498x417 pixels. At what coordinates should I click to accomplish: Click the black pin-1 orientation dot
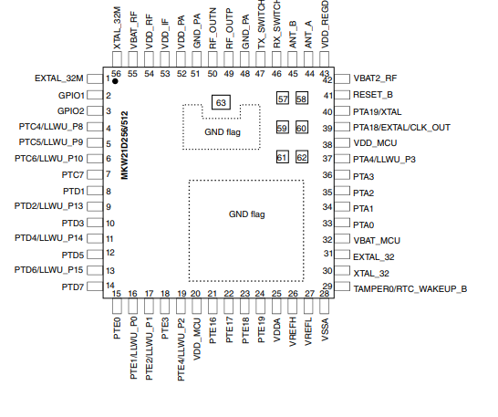point(115,81)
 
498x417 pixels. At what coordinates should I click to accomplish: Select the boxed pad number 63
point(221,102)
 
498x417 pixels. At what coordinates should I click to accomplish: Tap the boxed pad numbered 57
point(283,99)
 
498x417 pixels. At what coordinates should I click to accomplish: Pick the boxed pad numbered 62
point(302,157)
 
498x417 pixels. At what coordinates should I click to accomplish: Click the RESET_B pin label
point(373,95)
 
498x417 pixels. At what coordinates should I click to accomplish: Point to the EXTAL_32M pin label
point(58,78)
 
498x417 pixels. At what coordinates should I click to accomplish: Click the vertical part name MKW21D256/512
point(124,145)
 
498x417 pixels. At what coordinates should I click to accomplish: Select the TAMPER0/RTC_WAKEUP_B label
point(410,289)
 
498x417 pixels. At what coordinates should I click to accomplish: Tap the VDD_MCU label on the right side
point(375,143)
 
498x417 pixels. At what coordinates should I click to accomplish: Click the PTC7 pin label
point(72,175)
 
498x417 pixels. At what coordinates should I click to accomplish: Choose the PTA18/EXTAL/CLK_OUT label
point(401,128)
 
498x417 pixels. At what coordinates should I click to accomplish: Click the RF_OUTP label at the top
point(229,29)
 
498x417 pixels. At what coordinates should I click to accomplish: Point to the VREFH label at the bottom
point(293,331)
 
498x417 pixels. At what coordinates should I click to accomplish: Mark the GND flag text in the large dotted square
point(247,214)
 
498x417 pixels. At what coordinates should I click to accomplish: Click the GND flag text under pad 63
point(223,132)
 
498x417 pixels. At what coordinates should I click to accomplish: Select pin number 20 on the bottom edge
point(195,294)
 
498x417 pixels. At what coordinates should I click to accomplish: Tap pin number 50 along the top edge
point(213,74)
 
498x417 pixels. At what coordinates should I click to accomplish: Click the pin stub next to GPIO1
point(95,95)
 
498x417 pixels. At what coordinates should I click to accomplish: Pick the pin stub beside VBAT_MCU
point(342,239)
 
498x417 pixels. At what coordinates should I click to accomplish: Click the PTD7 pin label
point(73,287)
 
